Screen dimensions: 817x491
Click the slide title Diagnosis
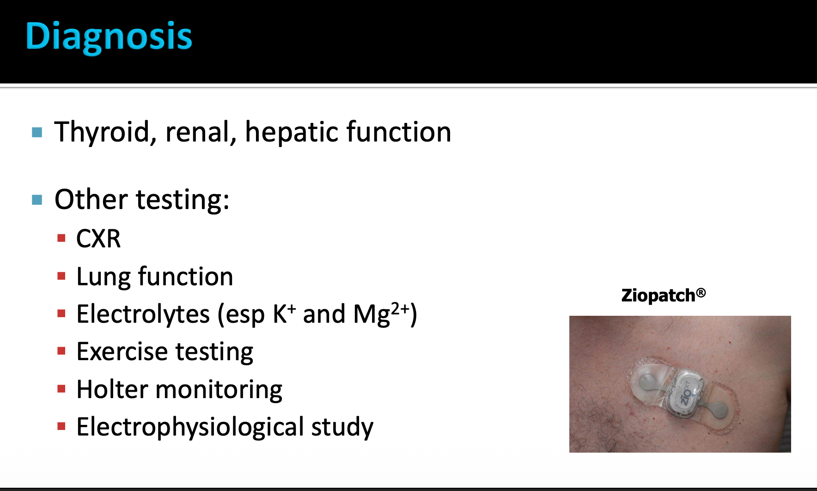tap(109, 37)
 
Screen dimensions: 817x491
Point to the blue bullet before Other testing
tap(37, 200)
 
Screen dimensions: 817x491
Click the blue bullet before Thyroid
tap(37, 133)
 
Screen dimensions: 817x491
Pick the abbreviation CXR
tap(98, 239)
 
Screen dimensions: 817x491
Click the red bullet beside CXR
tap(61, 239)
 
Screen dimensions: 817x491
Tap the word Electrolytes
tap(143, 314)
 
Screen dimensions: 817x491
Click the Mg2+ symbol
tap(382, 314)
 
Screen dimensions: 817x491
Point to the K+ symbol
tap(284, 314)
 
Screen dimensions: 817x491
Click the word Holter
tap(112, 389)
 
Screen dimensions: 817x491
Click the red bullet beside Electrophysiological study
tap(61, 426)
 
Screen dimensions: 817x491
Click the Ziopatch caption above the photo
tap(664, 295)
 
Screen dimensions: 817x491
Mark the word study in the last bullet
tap(342, 427)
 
